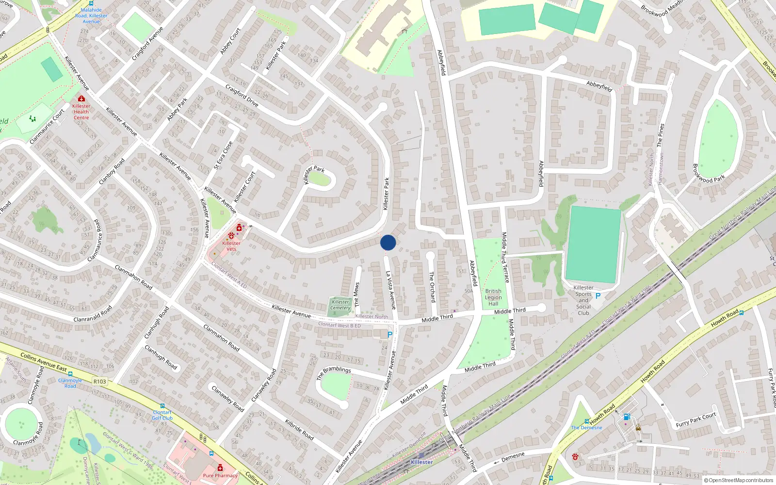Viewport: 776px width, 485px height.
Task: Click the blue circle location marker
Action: [388, 242]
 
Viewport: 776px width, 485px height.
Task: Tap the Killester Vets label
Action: [231, 246]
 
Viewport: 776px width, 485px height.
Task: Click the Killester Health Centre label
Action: [81, 112]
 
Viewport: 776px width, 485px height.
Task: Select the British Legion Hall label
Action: [493, 297]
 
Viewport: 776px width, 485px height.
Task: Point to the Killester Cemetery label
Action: [340, 305]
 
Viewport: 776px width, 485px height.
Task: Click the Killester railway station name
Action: [421, 462]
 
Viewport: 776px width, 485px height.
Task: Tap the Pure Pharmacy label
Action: [220, 475]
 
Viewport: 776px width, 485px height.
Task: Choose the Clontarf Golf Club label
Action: [162, 415]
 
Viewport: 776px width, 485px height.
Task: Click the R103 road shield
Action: [99, 381]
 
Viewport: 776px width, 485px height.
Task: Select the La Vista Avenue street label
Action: [390, 290]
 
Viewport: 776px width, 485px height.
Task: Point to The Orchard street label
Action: [432, 287]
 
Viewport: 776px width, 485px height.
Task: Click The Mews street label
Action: [357, 294]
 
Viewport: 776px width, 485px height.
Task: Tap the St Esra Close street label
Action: [224, 155]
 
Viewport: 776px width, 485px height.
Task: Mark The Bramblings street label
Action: [334, 372]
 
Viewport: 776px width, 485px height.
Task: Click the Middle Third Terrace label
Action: [505, 257]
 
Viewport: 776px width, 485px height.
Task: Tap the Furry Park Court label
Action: [695, 420]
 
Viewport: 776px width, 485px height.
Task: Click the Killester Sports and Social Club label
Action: [583, 300]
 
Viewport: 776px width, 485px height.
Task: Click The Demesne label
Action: [586, 427]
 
